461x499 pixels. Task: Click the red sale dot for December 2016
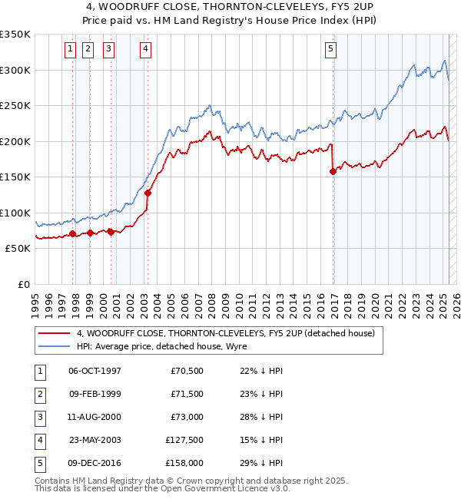[333, 172]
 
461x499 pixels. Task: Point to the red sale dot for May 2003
[147, 193]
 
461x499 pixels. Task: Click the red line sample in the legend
[55, 333]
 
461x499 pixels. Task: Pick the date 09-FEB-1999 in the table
[95, 395]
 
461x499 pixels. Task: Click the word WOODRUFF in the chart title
[132, 10]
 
